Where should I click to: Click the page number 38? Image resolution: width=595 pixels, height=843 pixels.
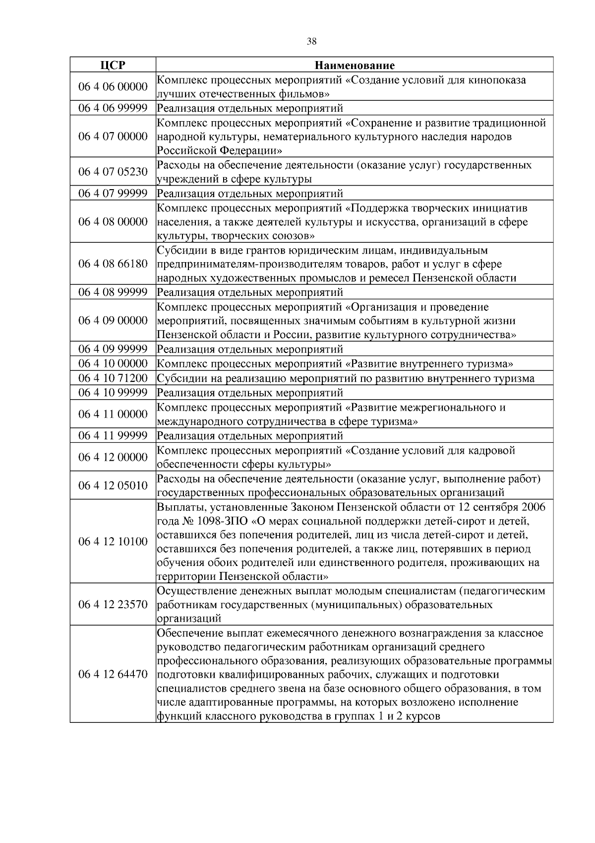[311, 42]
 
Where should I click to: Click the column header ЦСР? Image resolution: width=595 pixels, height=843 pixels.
[113, 65]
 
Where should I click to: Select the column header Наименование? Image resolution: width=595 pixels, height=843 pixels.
[355, 65]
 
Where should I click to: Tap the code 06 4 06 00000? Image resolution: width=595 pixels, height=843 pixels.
[113, 87]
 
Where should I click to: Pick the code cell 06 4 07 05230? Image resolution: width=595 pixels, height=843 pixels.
[113, 172]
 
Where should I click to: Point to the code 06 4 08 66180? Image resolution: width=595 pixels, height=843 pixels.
[113, 264]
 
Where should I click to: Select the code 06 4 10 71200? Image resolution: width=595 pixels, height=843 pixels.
[113, 378]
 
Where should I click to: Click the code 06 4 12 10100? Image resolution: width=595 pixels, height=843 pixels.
[113, 541]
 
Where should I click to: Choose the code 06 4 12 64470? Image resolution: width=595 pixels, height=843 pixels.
[113, 674]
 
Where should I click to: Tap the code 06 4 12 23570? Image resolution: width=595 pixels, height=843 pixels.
[113, 604]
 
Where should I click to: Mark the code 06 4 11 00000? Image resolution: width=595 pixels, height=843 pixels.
[113, 414]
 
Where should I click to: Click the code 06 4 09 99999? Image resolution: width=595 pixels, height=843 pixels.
[113, 349]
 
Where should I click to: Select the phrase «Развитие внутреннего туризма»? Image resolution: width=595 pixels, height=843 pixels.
[429, 364]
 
